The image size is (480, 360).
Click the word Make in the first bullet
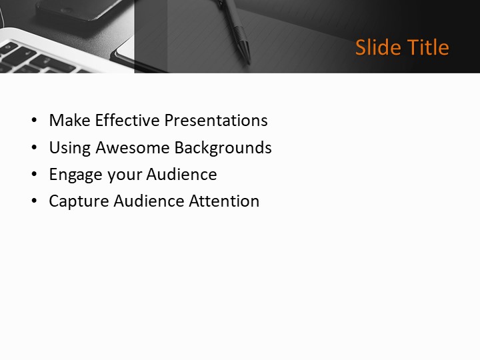click(70, 121)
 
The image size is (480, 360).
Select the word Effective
click(127, 121)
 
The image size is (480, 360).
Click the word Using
click(69, 147)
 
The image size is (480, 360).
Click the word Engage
click(73, 175)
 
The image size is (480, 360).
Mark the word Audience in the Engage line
click(181, 175)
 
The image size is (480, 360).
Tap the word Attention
click(225, 201)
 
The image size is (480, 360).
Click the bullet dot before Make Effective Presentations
click(35, 121)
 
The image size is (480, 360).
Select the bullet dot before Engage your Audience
click(35, 175)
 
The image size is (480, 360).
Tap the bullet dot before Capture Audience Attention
click(35, 202)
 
